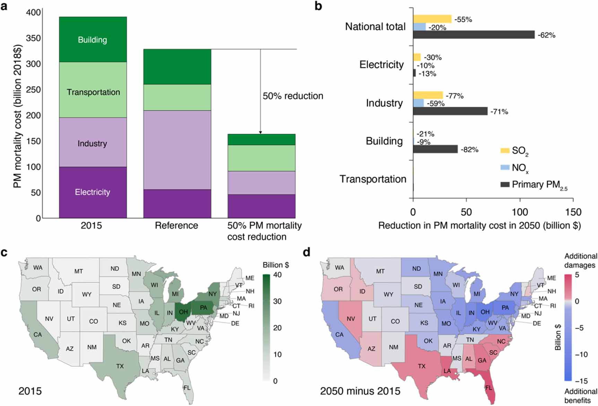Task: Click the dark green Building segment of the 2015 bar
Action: click(x=93, y=39)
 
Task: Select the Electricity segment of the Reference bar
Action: click(x=177, y=204)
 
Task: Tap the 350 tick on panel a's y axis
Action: click(x=34, y=38)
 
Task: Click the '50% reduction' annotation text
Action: click(x=293, y=96)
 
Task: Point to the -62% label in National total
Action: click(x=547, y=35)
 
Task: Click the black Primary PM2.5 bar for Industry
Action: click(x=450, y=111)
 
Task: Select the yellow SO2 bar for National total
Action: click(x=432, y=19)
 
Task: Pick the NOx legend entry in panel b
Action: click(x=514, y=168)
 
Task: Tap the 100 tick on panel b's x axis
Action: click(x=520, y=212)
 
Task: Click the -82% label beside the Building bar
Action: click(x=469, y=150)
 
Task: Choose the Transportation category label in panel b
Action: click(x=373, y=179)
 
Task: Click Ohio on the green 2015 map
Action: click(x=183, y=312)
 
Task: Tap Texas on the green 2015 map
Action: click(x=120, y=365)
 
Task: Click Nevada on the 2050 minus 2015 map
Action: click(x=351, y=318)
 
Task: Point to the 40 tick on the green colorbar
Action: click(x=277, y=275)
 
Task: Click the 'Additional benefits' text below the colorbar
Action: click(x=581, y=396)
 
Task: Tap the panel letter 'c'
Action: click(x=4, y=253)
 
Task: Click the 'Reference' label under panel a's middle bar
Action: click(x=176, y=226)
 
